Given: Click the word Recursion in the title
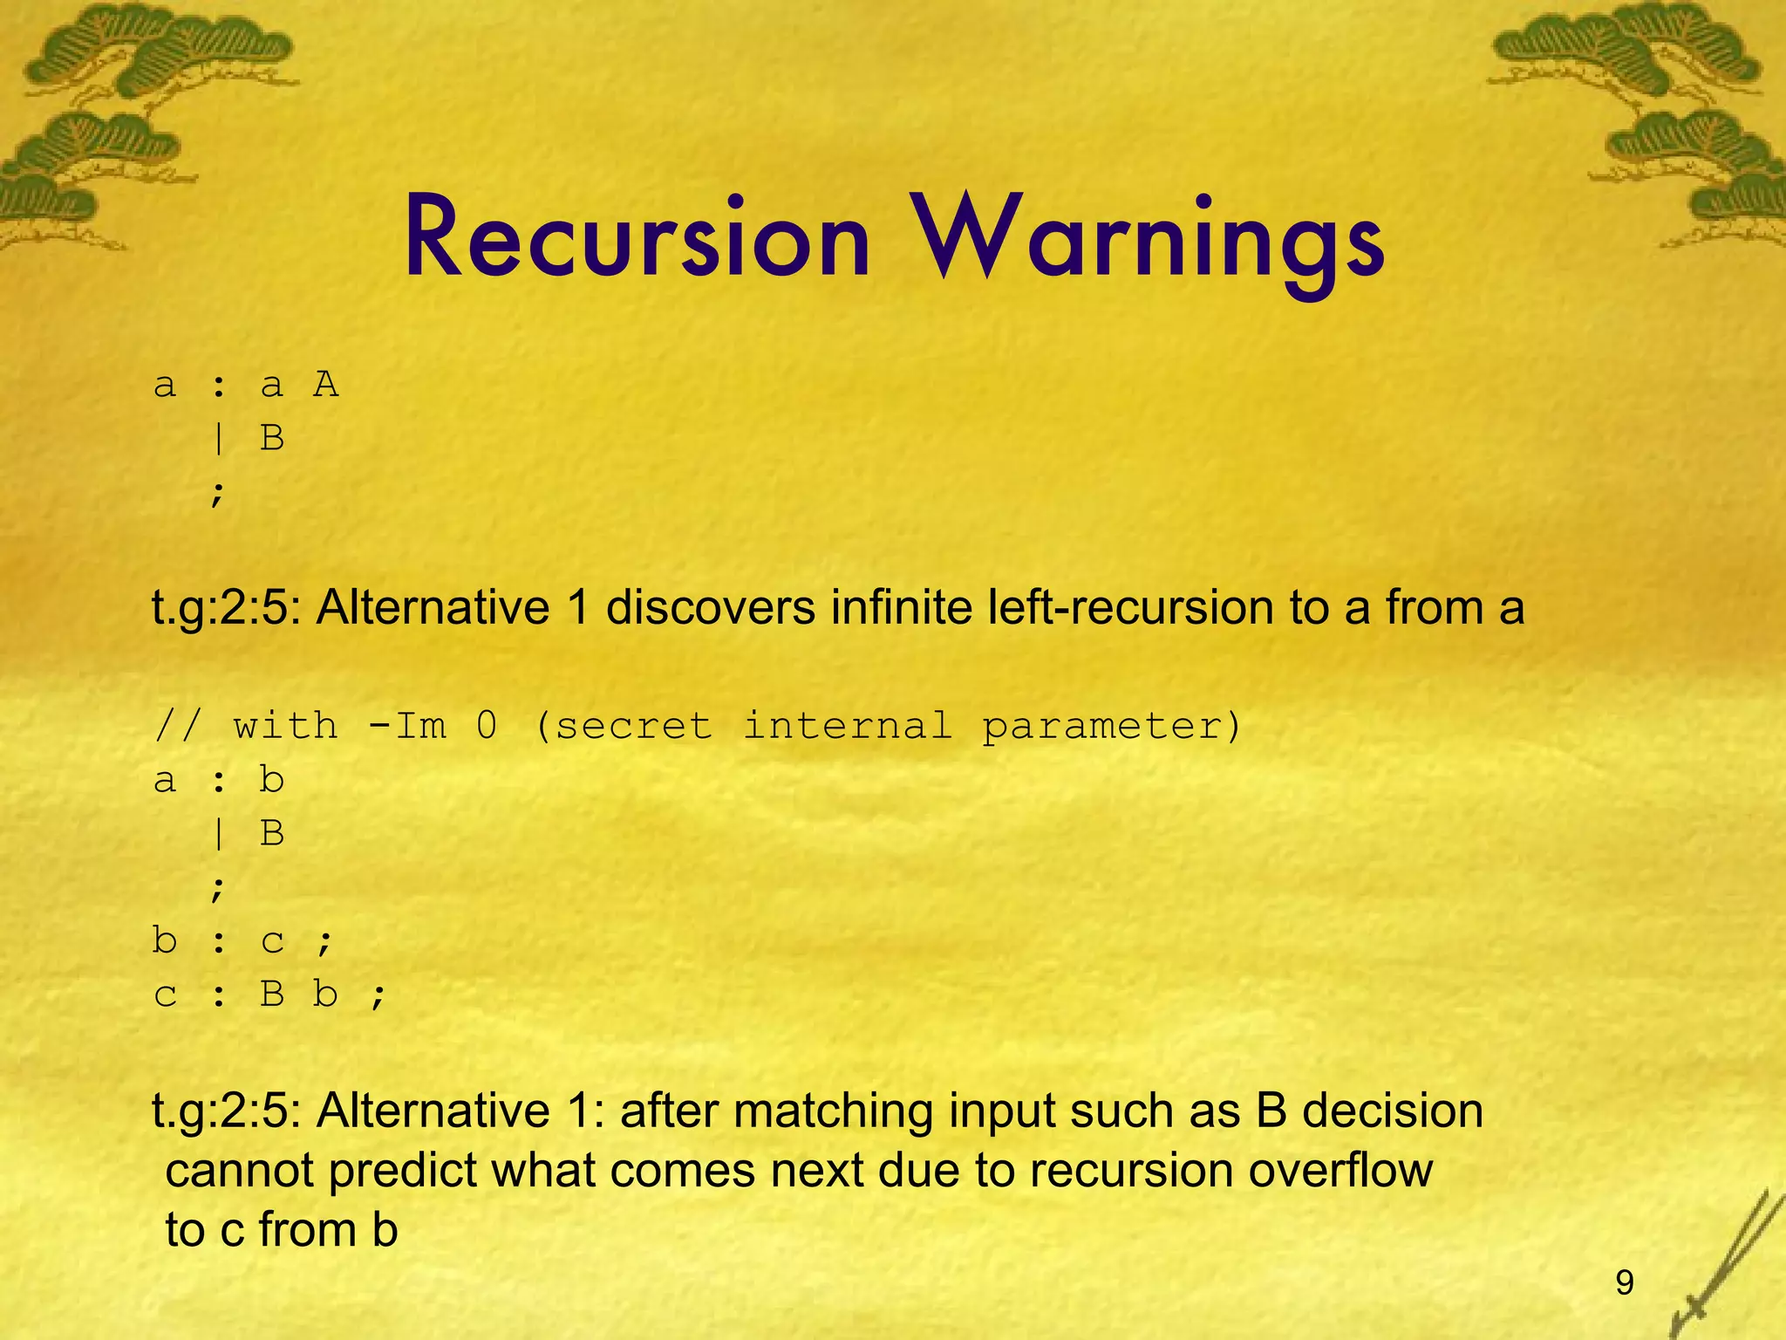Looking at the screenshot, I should point(637,238).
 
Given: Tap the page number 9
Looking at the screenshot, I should point(1624,1282).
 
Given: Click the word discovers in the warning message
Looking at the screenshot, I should point(711,607).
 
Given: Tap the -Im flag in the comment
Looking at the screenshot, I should point(408,726).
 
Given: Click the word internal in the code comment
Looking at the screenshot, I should point(847,726).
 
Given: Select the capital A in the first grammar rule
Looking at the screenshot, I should point(326,384).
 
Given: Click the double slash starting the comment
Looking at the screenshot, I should point(177,726).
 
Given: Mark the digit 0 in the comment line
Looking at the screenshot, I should point(487,726).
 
